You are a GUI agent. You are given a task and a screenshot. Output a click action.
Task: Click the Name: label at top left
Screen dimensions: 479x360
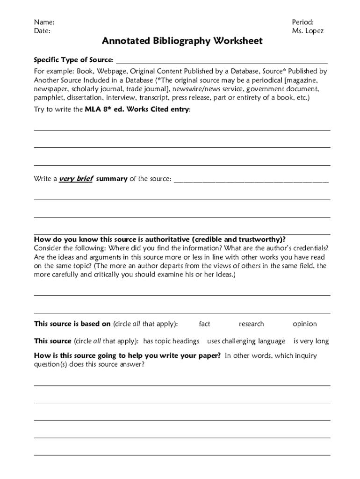(x=43, y=22)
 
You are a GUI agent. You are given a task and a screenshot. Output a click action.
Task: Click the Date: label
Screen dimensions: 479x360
(x=42, y=31)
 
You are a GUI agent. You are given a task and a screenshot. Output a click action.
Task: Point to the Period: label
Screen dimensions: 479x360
(x=302, y=22)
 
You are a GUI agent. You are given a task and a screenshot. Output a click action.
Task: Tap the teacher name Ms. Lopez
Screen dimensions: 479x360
(x=308, y=31)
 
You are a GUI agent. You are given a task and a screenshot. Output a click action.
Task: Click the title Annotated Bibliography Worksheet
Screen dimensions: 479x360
(x=182, y=41)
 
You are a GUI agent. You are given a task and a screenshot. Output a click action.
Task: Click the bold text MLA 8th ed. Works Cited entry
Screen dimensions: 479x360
(x=137, y=109)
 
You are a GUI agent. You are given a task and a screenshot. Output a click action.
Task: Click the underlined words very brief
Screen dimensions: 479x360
(x=76, y=179)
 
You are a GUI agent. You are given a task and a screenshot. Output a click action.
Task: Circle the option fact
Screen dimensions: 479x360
(x=204, y=324)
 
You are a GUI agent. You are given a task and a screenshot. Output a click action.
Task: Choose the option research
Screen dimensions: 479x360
(x=251, y=324)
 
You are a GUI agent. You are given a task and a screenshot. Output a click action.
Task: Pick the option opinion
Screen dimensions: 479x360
(x=304, y=324)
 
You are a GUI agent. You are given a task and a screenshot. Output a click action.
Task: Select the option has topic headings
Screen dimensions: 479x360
(x=171, y=341)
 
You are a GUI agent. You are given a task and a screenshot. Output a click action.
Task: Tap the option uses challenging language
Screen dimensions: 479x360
(x=246, y=341)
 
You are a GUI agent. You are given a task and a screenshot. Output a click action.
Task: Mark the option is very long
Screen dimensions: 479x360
(x=311, y=341)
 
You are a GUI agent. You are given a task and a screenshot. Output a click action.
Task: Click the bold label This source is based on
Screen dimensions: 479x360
(x=72, y=324)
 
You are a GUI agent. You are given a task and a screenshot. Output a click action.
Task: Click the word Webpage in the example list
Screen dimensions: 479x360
(x=111, y=72)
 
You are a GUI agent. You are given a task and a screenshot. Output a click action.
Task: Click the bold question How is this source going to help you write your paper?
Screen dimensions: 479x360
(x=127, y=356)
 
